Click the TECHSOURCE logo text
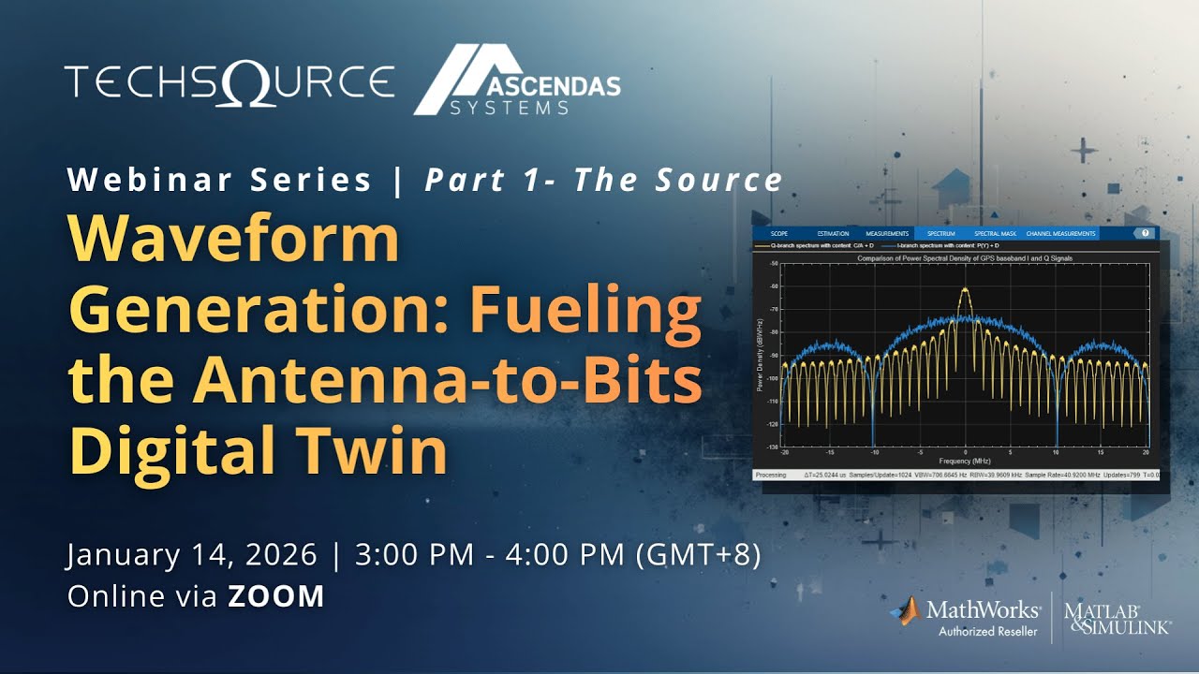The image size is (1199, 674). coord(229,82)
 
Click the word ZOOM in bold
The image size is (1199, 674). coord(276,596)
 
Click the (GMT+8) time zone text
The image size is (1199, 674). coord(698,554)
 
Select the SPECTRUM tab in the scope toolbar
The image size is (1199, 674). coord(940,233)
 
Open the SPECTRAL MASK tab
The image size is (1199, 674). coord(994,233)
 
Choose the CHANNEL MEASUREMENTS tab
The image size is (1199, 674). coord(1061,233)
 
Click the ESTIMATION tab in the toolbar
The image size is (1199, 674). coord(833,233)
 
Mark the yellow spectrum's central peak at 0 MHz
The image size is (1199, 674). coord(965,290)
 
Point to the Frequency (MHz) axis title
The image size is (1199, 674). coord(964,462)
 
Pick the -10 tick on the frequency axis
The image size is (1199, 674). coord(874,452)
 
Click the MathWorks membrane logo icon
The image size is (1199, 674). coord(905,611)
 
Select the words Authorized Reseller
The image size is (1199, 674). coord(987,632)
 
